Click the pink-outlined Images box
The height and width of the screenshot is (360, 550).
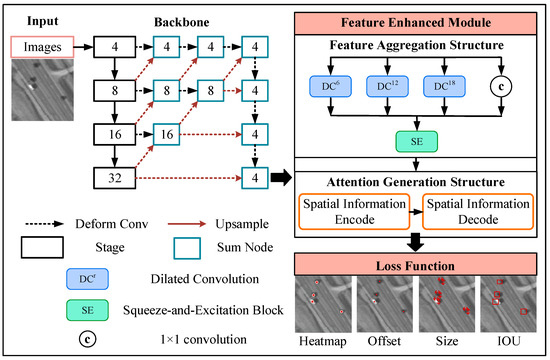pos(42,45)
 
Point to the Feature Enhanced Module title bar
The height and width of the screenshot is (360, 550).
pos(418,20)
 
